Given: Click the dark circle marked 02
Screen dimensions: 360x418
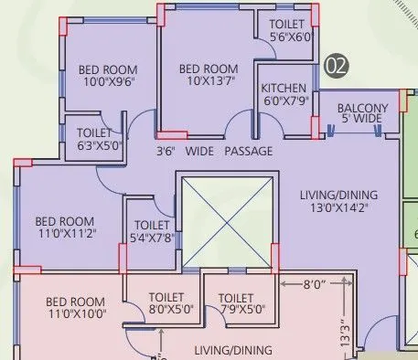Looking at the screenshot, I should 337,65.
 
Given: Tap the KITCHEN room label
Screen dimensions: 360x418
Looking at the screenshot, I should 283,89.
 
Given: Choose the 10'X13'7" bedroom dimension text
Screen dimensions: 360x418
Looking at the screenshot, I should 208,81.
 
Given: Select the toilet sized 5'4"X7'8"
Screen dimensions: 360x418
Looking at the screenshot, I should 152,231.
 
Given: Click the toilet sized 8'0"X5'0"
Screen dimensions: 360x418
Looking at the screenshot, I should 171,303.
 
